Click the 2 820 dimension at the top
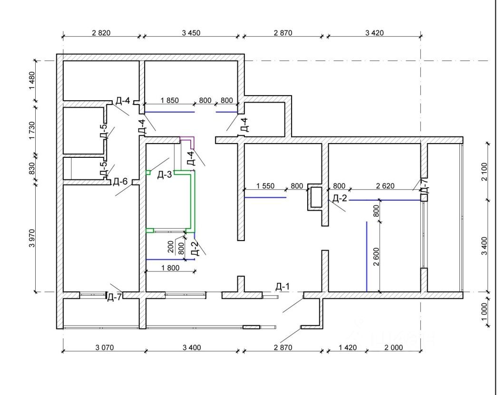[101, 33]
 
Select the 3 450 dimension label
[191, 33]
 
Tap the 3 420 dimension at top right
[374, 33]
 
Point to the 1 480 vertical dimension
[32, 80]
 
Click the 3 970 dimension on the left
[32, 238]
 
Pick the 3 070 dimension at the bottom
[104, 348]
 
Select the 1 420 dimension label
[348, 348]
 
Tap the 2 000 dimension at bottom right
[394, 348]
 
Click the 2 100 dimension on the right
[484, 172]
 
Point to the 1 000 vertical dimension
[484, 312]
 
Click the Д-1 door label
[283, 287]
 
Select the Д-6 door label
[120, 182]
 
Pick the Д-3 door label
[165, 174]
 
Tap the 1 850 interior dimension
[170, 100]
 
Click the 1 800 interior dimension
[170, 268]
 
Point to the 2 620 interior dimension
[385, 186]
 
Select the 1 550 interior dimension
[265, 186]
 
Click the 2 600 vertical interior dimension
[376, 257]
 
